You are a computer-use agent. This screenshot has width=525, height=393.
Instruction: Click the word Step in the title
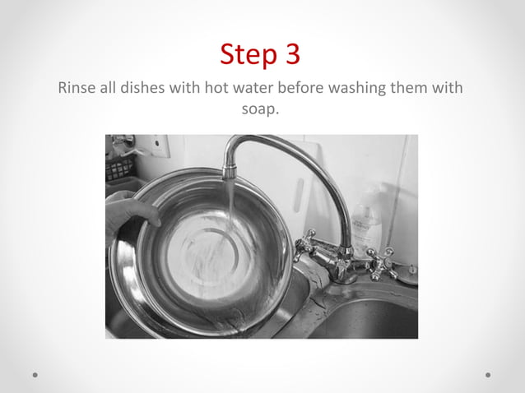248,56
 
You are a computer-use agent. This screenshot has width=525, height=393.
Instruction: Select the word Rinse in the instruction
77,88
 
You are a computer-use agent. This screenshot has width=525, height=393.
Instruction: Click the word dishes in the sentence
142,88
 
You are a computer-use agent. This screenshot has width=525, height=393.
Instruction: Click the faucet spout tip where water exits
230,173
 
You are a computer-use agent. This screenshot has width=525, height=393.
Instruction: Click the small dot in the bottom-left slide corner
36,375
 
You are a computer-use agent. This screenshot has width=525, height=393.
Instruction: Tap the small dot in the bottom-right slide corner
488,375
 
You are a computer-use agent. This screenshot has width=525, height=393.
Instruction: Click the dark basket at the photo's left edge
120,168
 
